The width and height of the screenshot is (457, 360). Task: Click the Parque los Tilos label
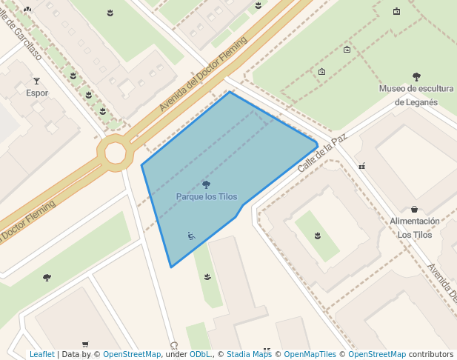[207, 196]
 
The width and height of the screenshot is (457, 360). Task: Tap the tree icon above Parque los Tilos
[206, 184]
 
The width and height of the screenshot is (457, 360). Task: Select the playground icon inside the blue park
[191, 236]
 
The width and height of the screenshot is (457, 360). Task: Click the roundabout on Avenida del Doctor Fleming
[115, 153]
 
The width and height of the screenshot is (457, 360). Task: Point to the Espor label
[37, 93]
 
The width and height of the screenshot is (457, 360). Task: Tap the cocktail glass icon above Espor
[36, 81]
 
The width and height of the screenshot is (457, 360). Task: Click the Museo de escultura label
[416, 89]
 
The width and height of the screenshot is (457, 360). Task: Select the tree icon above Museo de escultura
[416, 76]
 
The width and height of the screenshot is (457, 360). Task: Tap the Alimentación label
[415, 221]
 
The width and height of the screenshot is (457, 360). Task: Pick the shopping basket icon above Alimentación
[414, 210]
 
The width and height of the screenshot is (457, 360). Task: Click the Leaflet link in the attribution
[41, 354]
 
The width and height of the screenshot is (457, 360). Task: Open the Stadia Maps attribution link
[249, 354]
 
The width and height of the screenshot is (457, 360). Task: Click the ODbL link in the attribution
[201, 354]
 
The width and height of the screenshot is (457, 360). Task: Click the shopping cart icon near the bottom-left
[85, 344]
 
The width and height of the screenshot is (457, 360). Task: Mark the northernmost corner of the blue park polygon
[230, 92]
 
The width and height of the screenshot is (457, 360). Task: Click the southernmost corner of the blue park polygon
[171, 267]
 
